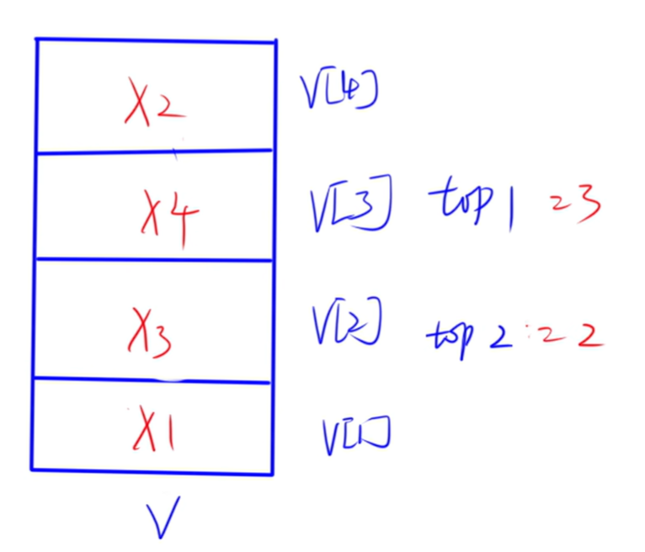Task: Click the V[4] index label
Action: pos(337,91)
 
